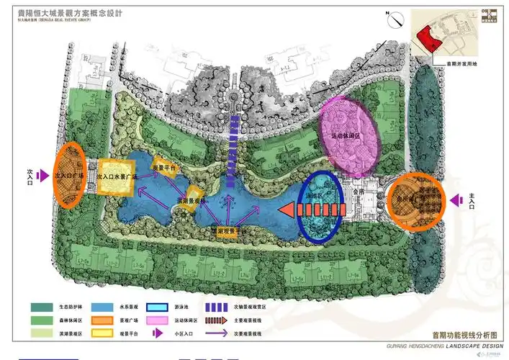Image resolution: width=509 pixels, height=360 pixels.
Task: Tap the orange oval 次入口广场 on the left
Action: point(69,175)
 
